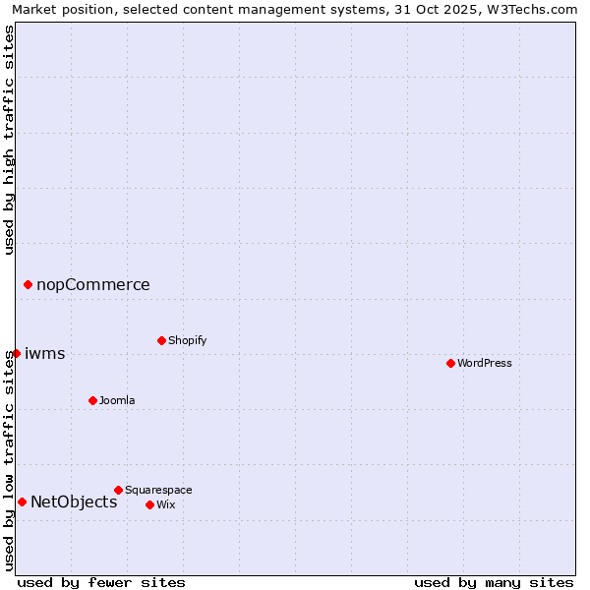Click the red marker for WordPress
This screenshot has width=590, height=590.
coord(450,363)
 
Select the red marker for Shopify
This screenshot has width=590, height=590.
coord(161,340)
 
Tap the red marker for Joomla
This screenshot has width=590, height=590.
coord(92,400)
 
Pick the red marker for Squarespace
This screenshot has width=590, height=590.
coord(118,490)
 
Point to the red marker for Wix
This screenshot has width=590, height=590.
coord(149,504)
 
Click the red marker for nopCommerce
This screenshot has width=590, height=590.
coord(28,284)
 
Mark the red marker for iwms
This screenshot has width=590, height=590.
coord(16,353)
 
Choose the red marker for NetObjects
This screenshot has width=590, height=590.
coord(22,501)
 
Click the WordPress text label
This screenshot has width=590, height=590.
coord(485,363)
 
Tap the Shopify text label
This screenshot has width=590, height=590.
coord(187,340)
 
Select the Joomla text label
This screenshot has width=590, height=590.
coord(117,400)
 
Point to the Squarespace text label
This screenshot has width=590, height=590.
coord(158,490)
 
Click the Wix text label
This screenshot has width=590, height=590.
coord(165,504)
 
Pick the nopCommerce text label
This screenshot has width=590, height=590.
coord(93,284)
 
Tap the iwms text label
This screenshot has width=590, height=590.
coord(45,353)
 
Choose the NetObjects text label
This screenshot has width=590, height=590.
coord(74,501)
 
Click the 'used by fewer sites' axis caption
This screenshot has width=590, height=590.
coord(101,582)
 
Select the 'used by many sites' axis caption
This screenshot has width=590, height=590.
coord(494,582)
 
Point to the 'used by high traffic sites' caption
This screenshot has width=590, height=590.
coord(9,140)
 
